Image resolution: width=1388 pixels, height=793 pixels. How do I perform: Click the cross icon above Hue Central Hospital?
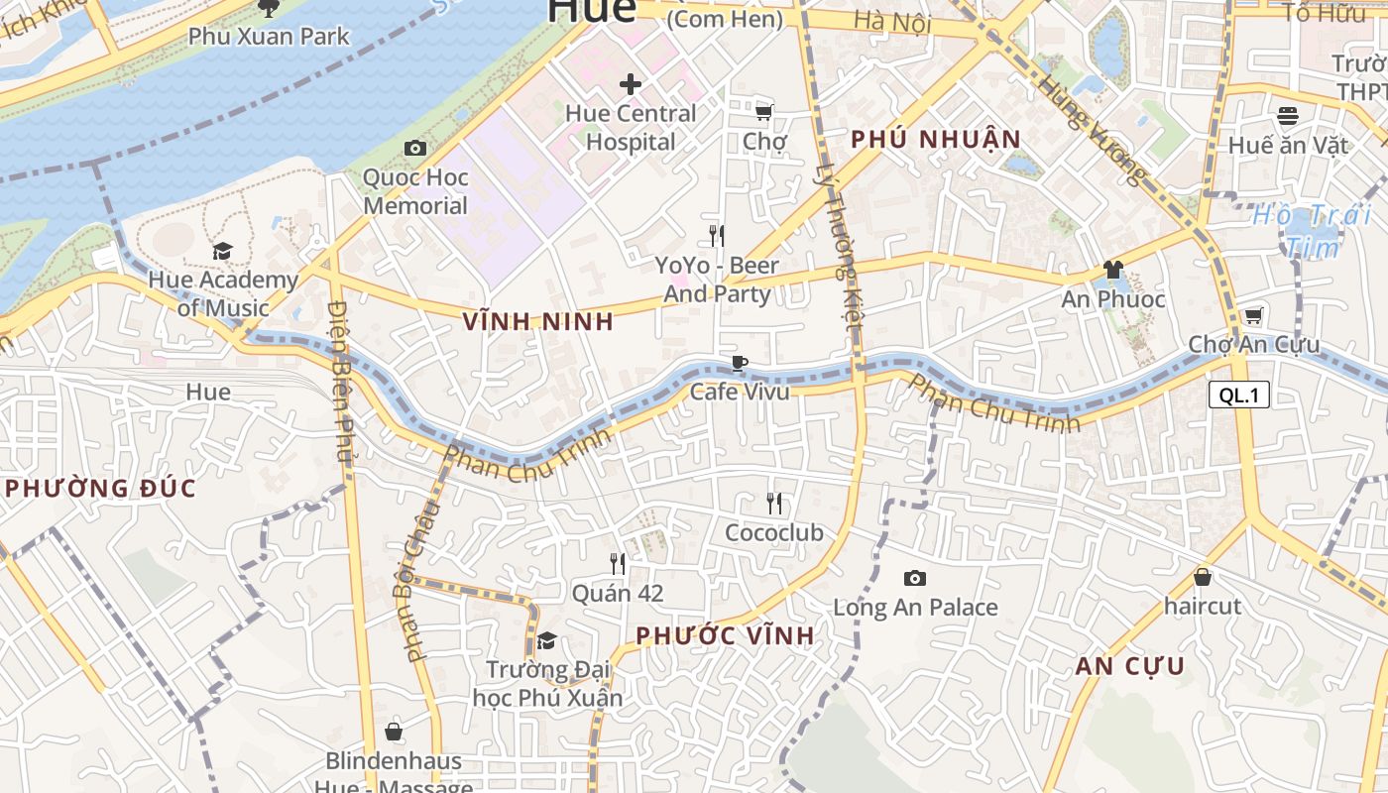[x=630, y=84]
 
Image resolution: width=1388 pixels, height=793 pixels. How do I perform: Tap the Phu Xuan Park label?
[x=269, y=37]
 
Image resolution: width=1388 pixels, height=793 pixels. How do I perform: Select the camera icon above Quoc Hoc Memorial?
[x=415, y=149]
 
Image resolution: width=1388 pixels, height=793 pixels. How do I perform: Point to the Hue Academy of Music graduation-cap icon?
[x=222, y=251]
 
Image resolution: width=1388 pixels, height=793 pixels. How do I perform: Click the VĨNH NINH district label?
[x=538, y=322]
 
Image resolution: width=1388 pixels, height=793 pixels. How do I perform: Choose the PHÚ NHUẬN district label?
[x=936, y=140]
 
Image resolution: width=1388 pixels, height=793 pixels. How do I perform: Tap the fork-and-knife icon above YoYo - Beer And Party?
[x=716, y=236]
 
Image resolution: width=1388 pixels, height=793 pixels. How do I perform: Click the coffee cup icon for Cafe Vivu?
[x=739, y=363]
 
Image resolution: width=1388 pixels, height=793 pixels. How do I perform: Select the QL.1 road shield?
[x=1238, y=396]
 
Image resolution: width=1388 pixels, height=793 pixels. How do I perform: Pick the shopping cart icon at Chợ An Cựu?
[x=1253, y=316]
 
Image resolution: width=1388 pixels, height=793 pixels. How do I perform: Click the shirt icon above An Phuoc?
[x=1112, y=270]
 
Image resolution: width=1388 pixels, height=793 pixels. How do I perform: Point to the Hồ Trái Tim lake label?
[x=1311, y=230]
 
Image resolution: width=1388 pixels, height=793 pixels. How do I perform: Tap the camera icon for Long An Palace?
[x=914, y=578]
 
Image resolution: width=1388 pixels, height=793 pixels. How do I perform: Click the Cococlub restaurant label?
[x=773, y=533]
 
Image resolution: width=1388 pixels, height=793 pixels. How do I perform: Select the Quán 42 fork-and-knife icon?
[x=617, y=564]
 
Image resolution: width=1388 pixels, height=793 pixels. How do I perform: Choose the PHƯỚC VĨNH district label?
[x=725, y=636]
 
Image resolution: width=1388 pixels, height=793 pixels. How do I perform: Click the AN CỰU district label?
[x=1130, y=666]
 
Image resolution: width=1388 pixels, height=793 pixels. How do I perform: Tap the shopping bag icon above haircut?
[x=1203, y=576]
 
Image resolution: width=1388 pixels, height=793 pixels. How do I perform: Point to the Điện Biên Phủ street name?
[x=342, y=381]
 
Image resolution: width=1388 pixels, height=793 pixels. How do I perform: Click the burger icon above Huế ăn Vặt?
[x=1288, y=116]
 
